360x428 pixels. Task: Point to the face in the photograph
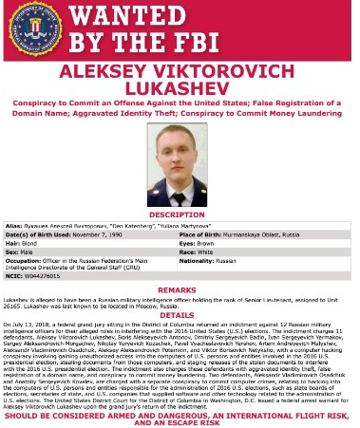pos(178,155)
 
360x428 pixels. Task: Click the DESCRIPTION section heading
pos(180,214)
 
